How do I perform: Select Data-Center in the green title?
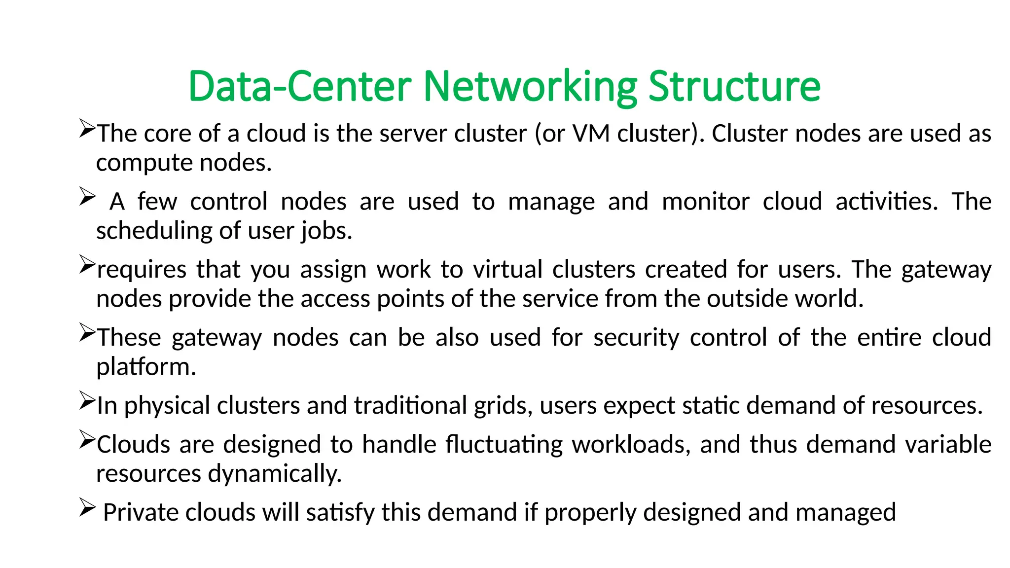(x=300, y=87)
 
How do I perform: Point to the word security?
(x=636, y=338)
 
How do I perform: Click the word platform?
(x=146, y=367)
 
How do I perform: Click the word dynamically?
(x=275, y=474)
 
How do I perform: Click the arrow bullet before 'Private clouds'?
(x=87, y=508)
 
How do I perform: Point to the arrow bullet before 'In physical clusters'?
(x=87, y=401)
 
